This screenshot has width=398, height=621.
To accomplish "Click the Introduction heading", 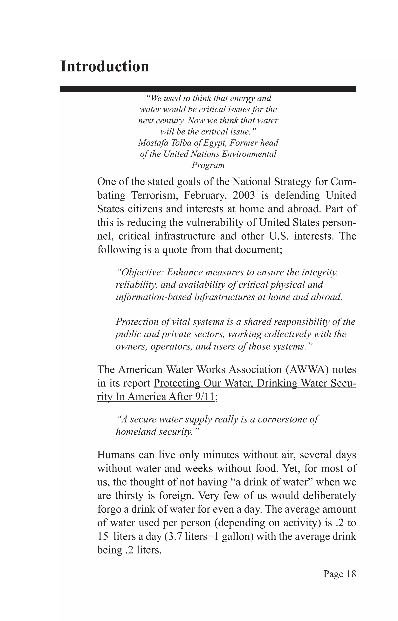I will click(105, 67).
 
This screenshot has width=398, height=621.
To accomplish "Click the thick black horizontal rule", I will click(208, 89).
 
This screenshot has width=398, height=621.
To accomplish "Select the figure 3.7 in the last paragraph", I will click(176, 536).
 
